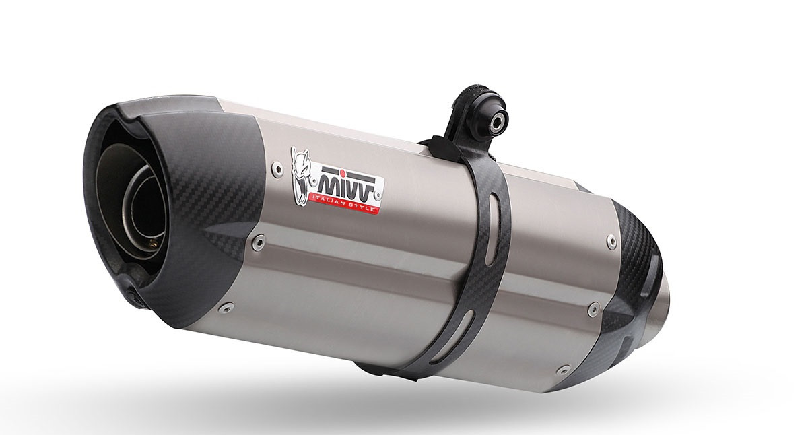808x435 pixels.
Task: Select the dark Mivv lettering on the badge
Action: (349, 187)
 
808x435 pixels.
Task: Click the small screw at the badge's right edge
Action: (378, 195)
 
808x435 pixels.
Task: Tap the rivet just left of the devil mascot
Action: (277, 168)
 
